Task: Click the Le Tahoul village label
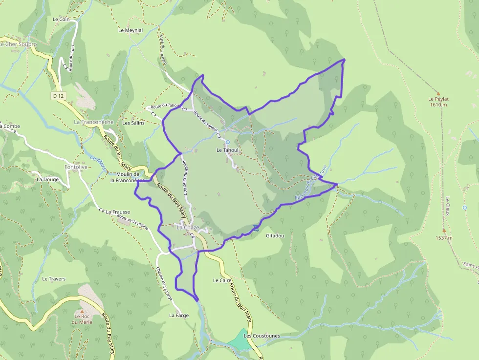click(227, 150)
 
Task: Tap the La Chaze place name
click(188, 228)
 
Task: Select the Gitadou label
click(275, 236)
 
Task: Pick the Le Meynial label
click(131, 30)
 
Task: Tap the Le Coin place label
click(62, 20)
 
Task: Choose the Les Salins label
click(133, 123)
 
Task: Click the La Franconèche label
click(94, 122)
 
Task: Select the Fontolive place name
click(76, 167)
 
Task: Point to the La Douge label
click(47, 179)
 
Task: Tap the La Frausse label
click(118, 212)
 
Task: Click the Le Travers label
click(54, 279)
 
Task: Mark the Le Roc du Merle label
click(82, 318)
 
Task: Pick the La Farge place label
click(179, 316)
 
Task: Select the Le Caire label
click(222, 281)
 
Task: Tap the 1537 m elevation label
click(444, 238)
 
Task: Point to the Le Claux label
click(447, 203)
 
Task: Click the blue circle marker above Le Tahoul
click(227, 142)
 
